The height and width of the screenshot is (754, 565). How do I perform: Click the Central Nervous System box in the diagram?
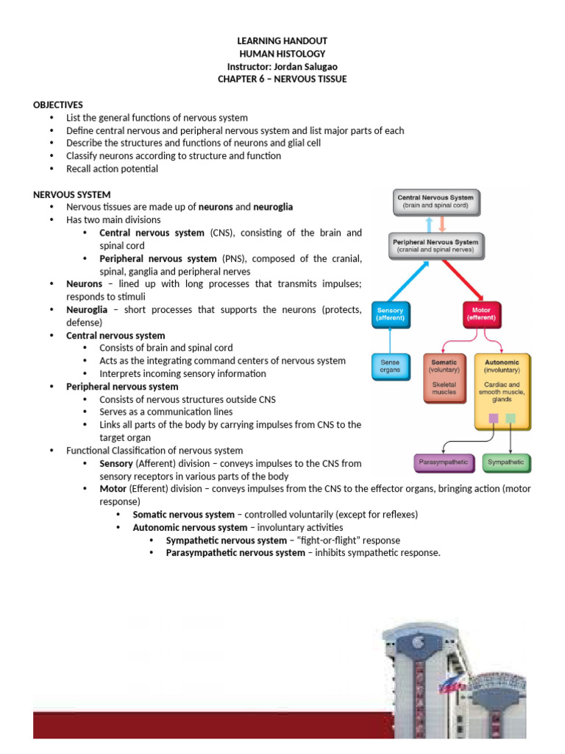436,202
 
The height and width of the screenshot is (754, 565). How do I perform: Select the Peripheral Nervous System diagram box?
436,246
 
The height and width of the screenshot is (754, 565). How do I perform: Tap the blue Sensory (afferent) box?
391,314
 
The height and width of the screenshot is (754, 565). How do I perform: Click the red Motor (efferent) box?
481,314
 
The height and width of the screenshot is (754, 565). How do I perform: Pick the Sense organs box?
391,367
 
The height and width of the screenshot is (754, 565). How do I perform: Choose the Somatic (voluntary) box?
444,378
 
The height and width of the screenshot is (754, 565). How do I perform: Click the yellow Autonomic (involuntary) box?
502,392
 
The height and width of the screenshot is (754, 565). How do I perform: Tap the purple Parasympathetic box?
444,462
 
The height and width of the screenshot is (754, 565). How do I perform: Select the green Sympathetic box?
506,462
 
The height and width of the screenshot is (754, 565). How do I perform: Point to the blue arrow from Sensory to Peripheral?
408,281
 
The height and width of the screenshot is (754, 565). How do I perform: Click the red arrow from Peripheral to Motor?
463,281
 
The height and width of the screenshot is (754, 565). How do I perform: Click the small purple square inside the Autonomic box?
494,418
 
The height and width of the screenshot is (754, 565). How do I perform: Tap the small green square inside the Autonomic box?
511,418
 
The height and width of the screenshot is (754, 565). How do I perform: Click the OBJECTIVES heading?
57,105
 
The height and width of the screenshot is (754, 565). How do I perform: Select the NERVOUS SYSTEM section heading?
71,194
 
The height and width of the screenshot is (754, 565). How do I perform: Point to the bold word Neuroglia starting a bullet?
87,310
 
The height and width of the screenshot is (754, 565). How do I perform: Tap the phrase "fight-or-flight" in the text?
329,540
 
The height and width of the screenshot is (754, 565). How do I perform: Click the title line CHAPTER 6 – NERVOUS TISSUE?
282,80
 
